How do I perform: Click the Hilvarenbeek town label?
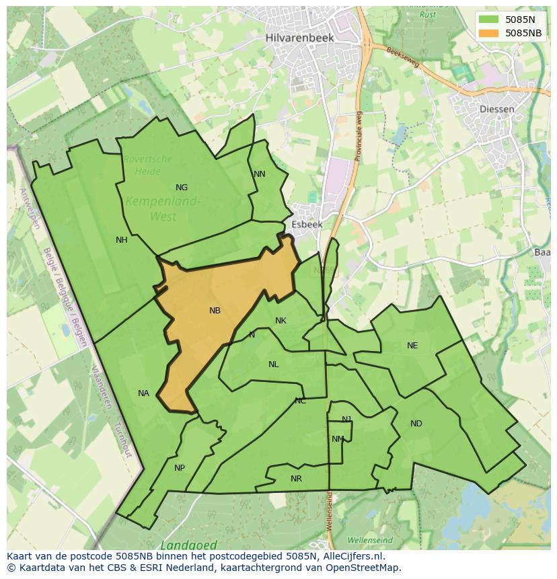coord(299,38)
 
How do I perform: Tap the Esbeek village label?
coord(307,225)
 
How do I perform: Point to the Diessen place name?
coord(498,109)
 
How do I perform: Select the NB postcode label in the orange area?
coord(215,311)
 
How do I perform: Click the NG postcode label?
coord(182,188)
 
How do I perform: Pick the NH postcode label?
coord(122,240)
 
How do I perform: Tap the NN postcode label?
coord(260,174)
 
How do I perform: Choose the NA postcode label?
coord(143,393)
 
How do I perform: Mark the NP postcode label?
coord(180,468)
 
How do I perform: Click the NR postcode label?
coord(296,479)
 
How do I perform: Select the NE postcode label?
coord(412,346)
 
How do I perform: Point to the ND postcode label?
coord(416,424)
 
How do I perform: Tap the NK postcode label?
coord(281,321)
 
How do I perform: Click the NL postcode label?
coord(273,364)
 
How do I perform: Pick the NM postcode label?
coord(338,439)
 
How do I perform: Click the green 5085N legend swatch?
coord(489,20)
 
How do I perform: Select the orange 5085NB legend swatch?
coord(489,32)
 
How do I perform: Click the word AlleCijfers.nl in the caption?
coord(352,556)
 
